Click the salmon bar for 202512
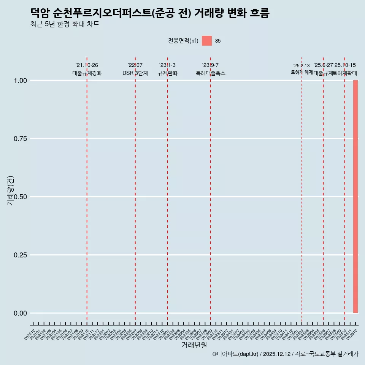[x=355, y=197]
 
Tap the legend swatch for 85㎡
[x=207, y=41]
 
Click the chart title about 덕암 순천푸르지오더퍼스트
[x=150, y=13]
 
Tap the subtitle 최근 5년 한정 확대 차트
[x=65, y=24]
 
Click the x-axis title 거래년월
[x=194, y=345]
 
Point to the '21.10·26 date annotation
[x=87, y=65]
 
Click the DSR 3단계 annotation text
[x=135, y=73]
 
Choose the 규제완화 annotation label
[x=167, y=73]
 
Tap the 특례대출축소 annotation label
[x=210, y=73]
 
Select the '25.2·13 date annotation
[x=302, y=66]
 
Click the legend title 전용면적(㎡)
[x=183, y=41]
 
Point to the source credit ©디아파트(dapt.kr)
[x=236, y=354]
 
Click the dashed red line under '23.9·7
[x=210, y=190]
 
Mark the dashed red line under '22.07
[x=135, y=190]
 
